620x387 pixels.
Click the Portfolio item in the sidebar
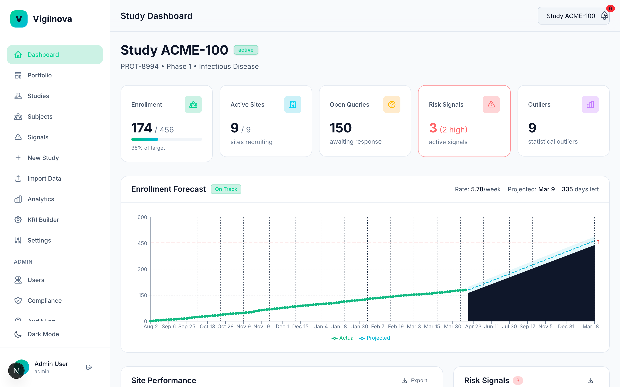point(39,75)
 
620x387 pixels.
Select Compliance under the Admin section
point(44,301)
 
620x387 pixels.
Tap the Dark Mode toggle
point(43,334)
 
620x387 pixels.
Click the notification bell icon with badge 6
point(604,16)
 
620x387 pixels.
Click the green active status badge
point(246,50)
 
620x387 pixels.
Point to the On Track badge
point(226,189)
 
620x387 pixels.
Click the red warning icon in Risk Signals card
point(491,104)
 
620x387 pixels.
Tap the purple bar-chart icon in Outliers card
point(590,104)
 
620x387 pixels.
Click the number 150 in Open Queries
point(341,128)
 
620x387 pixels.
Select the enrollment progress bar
point(167,139)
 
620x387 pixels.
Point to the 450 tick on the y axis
point(143,243)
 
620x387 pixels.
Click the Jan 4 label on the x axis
point(321,327)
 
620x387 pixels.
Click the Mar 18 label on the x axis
point(590,327)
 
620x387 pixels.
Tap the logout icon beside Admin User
point(89,367)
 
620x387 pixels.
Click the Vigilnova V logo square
point(19,19)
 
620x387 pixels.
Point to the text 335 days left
point(580,189)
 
